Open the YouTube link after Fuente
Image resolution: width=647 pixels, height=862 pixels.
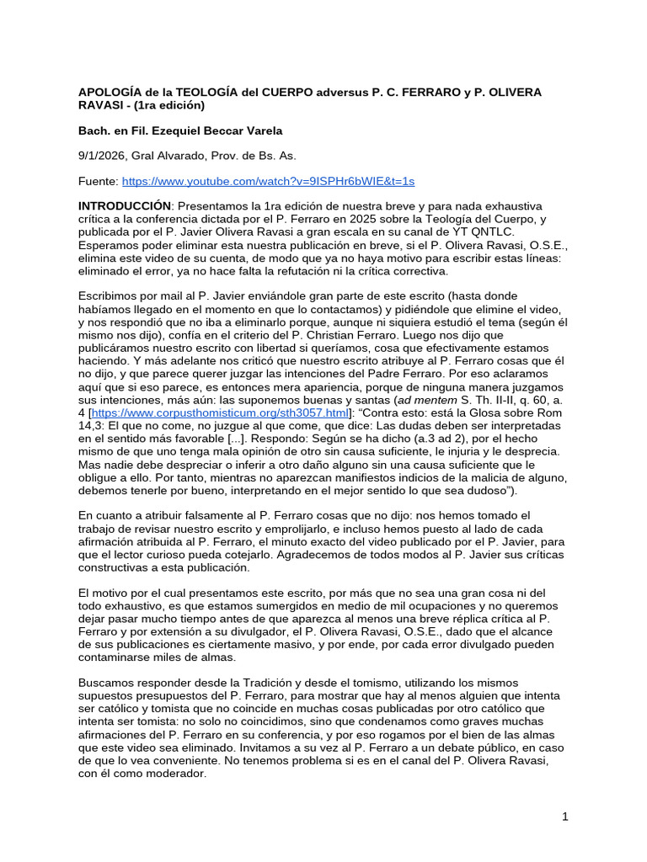[268, 181]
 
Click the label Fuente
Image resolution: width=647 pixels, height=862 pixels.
[98, 181]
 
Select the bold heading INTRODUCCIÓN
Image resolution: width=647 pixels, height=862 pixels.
[125, 206]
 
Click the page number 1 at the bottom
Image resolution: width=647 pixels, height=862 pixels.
[565, 817]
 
